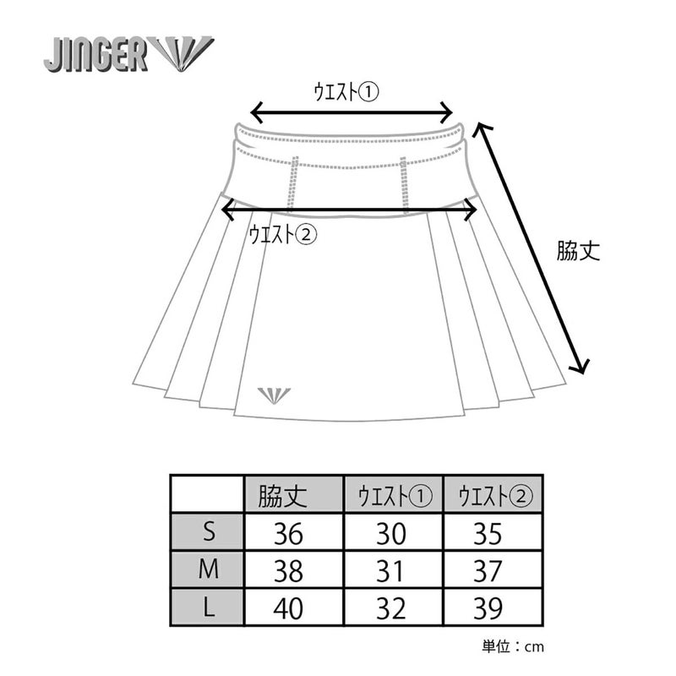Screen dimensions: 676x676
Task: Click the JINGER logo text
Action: [96, 55]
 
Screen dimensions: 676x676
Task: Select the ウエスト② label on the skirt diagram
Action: [283, 234]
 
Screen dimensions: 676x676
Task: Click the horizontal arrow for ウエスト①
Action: [352, 112]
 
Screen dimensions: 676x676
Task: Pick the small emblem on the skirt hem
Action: [273, 395]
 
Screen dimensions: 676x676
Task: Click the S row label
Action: [209, 532]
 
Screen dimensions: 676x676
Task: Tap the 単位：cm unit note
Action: [513, 646]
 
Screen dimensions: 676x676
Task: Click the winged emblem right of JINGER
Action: [183, 54]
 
